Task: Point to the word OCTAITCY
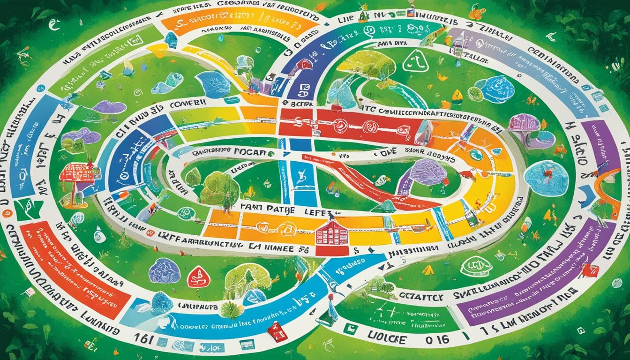[414, 296]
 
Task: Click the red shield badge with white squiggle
[198, 277]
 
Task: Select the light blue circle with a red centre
[546, 178]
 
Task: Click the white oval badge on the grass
[476, 266]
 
